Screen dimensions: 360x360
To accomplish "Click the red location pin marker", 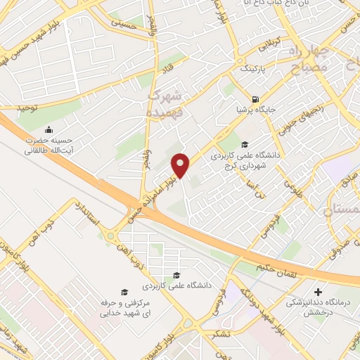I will [181, 165].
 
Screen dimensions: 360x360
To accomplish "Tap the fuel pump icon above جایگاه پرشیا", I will [254, 98].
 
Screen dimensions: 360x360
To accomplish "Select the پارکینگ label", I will [254, 71].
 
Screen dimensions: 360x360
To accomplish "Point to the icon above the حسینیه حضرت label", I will [49, 129].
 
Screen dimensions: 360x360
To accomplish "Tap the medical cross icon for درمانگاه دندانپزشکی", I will [319, 291].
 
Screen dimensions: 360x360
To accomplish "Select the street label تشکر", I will [216, 335].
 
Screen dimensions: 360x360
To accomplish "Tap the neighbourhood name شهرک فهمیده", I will [166, 102].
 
